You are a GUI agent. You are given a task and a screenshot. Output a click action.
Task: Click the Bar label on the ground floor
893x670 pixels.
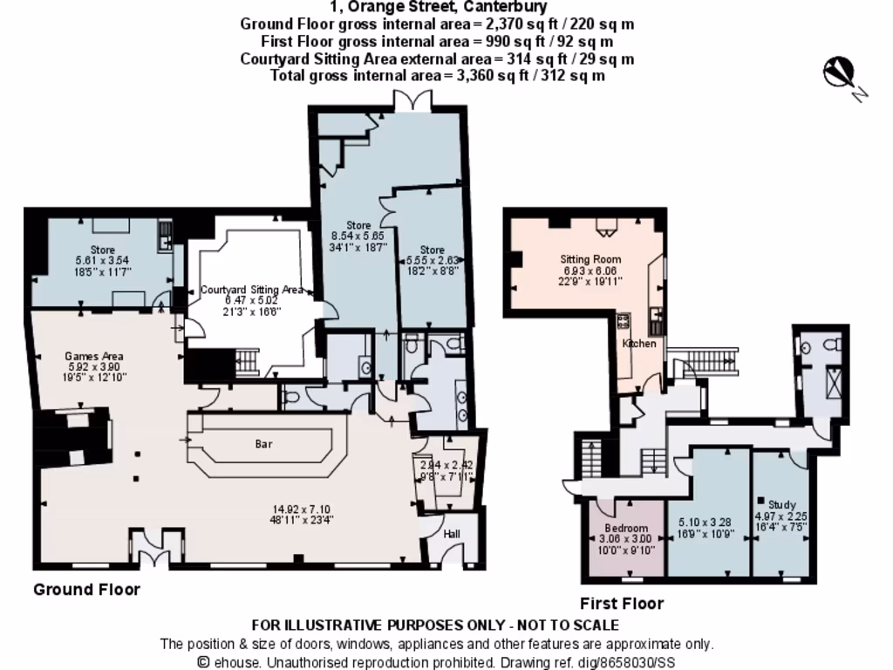pos(263,444)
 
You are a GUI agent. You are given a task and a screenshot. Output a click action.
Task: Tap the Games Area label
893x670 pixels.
pos(94,356)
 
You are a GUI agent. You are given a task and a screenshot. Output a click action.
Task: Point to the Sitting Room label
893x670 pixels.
pos(590,259)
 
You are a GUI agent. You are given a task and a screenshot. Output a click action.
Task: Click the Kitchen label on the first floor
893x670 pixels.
pos(639,344)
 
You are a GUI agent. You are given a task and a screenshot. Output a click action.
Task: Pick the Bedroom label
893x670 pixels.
pos(626,529)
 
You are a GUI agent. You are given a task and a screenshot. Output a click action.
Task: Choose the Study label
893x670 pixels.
pos(782,504)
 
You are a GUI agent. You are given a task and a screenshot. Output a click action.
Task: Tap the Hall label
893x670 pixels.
pos(452,534)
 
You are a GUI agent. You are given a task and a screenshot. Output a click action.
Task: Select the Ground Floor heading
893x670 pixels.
pos(86,590)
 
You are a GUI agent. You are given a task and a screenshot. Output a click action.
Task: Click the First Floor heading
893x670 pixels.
pos(622,604)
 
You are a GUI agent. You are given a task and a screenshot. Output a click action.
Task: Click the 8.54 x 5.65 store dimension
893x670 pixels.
pos(358,236)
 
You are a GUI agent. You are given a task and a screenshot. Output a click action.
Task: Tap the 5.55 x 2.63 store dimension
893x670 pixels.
pos(433,260)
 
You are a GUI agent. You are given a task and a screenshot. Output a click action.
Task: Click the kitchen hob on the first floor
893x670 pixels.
pos(624,321)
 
